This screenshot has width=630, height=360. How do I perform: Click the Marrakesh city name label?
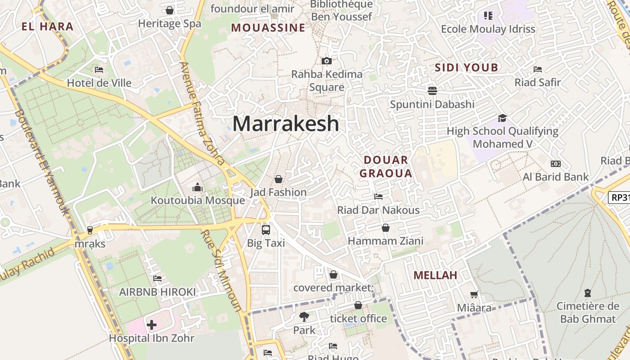pyautogui.click(x=285, y=123)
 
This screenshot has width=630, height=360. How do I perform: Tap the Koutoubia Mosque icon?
pyautogui.click(x=198, y=187)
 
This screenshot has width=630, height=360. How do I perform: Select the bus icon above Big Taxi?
pyautogui.click(x=266, y=230)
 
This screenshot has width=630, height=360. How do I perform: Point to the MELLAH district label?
pyautogui.click(x=435, y=275)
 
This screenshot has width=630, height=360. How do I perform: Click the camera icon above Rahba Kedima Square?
pyautogui.click(x=327, y=61)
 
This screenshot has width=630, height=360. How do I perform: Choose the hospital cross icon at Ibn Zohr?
pyautogui.click(x=152, y=324)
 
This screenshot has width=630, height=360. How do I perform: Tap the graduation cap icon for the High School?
pyautogui.click(x=502, y=118)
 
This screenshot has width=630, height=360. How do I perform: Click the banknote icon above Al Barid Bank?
pyautogui.click(x=556, y=164)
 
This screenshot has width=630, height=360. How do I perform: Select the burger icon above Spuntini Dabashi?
pyautogui.click(x=432, y=91)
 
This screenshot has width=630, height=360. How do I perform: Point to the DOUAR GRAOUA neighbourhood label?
pyautogui.click(x=386, y=166)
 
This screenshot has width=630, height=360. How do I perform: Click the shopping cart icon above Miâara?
pyautogui.click(x=474, y=295)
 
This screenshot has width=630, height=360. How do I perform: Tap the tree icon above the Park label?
pyautogui.click(x=304, y=317)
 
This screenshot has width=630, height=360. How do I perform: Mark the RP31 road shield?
pyautogui.click(x=619, y=197)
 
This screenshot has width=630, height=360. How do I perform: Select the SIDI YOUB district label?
pyautogui.click(x=467, y=68)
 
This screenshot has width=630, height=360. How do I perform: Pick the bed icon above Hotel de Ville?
pyautogui.click(x=99, y=70)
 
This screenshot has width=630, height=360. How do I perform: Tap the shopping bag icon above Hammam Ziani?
pyautogui.click(x=386, y=228)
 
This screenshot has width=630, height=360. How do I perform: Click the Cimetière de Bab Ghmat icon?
pyautogui.click(x=587, y=293)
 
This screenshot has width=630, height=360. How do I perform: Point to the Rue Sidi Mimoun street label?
pyautogui.click(x=220, y=270)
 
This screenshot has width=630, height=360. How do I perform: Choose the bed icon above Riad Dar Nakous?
pyautogui.click(x=378, y=197)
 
